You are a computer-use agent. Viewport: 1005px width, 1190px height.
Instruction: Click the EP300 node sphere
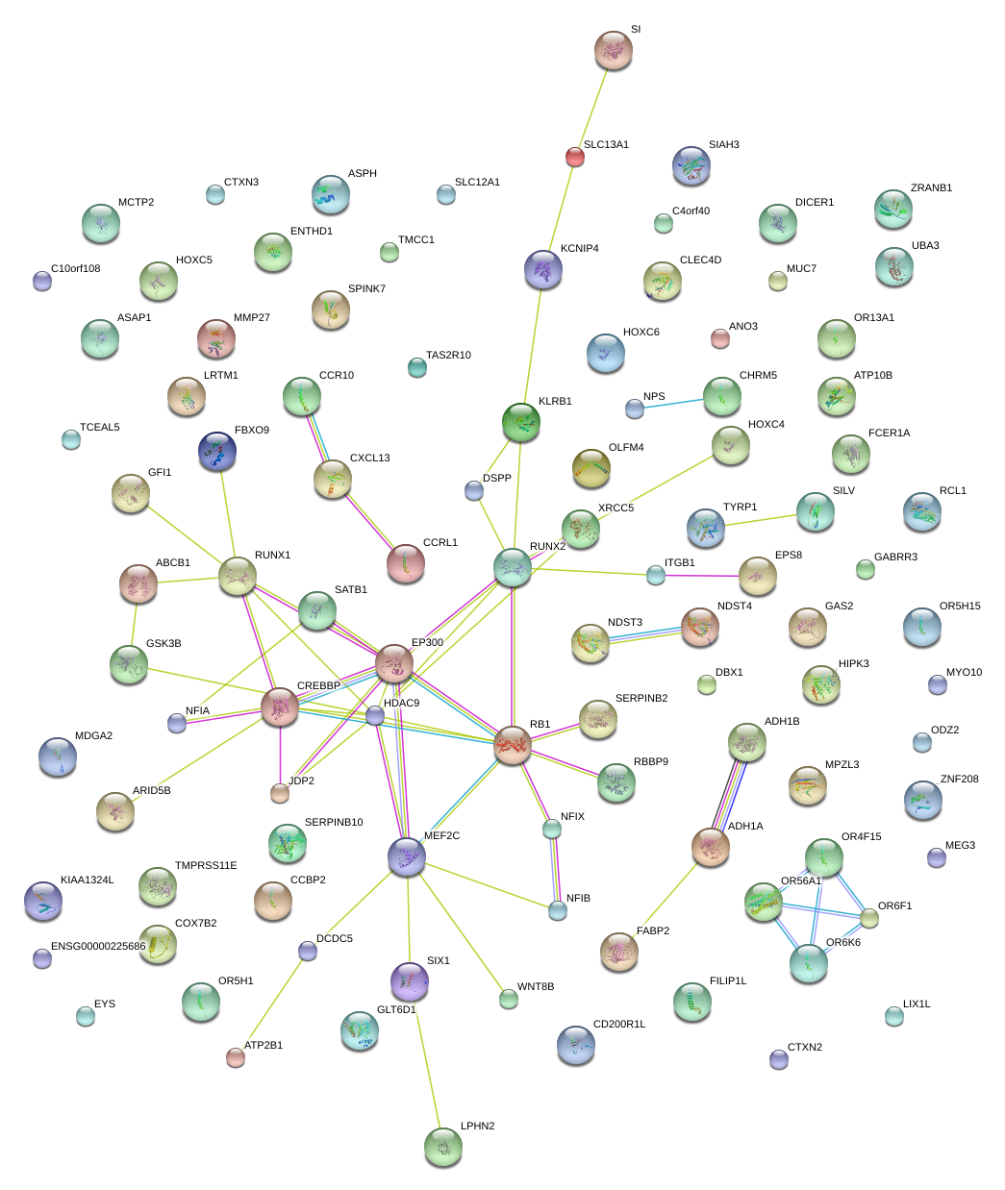click(394, 662)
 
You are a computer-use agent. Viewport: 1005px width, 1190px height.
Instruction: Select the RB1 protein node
click(512, 745)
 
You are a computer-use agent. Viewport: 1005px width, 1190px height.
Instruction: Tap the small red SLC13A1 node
click(574, 157)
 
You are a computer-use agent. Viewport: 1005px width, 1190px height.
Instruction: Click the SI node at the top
click(613, 50)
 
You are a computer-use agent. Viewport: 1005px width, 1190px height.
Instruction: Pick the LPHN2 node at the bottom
click(442, 1146)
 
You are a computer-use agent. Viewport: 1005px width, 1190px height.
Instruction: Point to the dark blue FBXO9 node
click(216, 451)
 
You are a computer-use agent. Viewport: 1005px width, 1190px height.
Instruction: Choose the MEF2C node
click(407, 855)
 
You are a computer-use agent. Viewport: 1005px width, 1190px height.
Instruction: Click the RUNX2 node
click(513, 567)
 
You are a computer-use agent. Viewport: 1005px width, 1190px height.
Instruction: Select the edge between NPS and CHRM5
click(677, 403)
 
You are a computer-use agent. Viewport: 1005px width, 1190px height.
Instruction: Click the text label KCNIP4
click(579, 249)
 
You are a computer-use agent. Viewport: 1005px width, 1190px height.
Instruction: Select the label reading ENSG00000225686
click(98, 947)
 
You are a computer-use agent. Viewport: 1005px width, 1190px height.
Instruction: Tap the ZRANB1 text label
click(931, 188)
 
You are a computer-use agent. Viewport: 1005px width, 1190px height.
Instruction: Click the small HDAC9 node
click(375, 715)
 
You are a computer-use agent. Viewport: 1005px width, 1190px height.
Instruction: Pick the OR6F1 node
click(869, 918)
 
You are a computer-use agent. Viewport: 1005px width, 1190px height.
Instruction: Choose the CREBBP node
click(280, 707)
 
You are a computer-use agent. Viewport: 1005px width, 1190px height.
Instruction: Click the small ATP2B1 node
click(235, 1057)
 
